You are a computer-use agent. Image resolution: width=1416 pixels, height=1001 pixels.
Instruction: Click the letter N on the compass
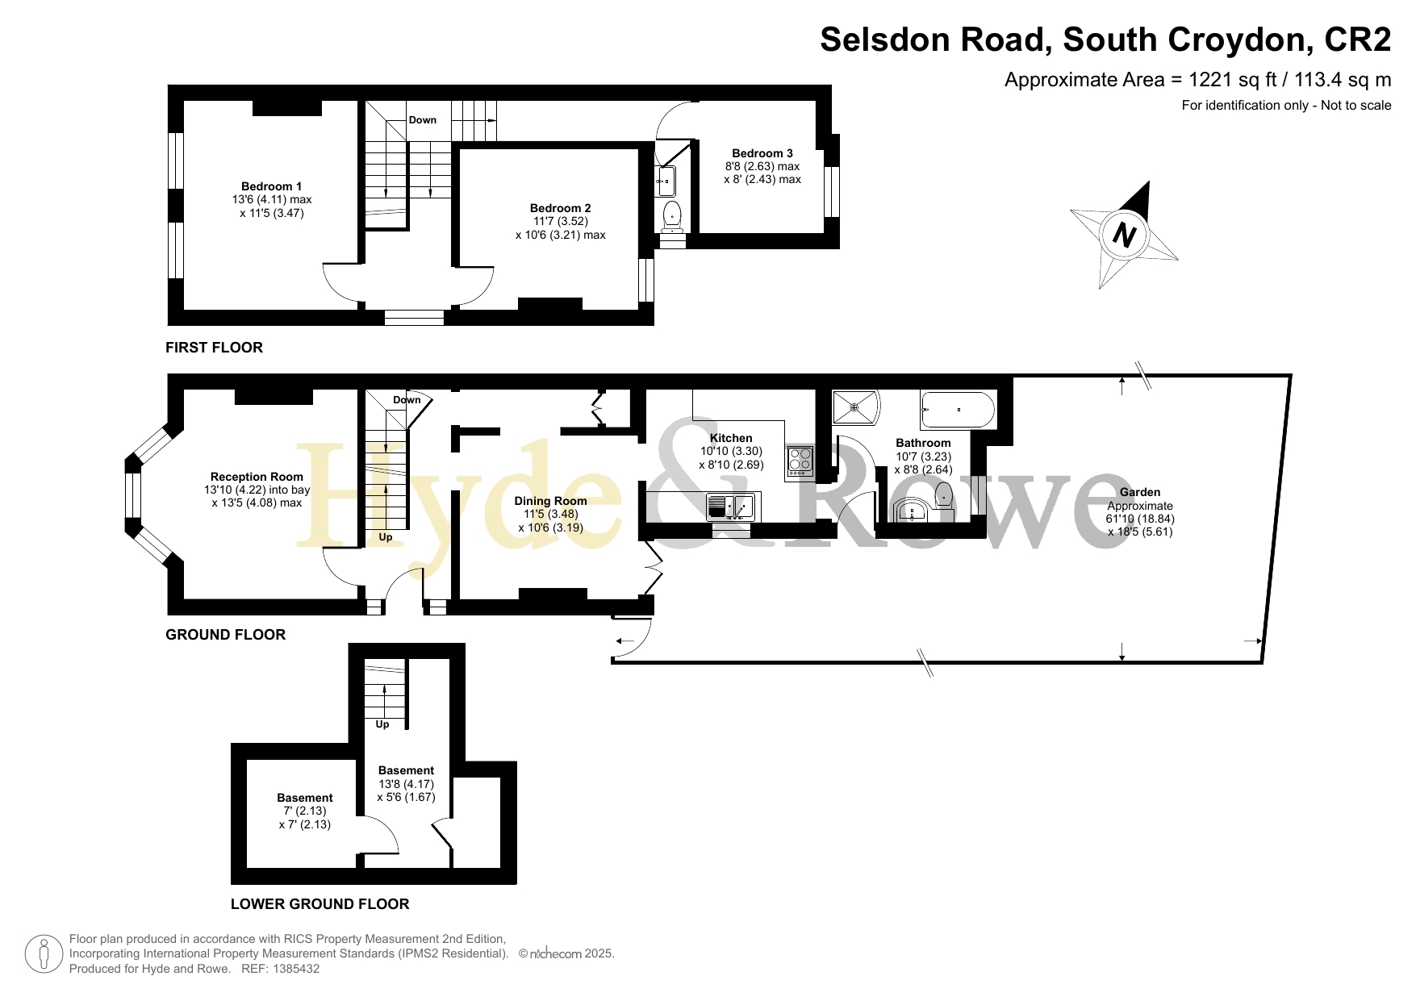1124,235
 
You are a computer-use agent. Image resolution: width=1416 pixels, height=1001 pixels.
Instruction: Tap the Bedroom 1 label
272,186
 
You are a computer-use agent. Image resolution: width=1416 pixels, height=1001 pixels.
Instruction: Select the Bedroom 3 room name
762,153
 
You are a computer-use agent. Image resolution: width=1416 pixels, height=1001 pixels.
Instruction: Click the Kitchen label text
731,438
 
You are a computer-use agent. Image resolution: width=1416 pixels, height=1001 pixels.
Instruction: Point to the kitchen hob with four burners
800,460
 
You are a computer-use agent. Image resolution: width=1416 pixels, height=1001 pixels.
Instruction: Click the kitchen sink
731,507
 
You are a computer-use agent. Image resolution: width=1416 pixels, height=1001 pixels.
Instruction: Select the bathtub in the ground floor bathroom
959,410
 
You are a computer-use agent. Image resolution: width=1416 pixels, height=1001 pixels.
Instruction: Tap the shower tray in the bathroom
854,407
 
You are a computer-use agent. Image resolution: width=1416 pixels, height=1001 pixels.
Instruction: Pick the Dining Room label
551,501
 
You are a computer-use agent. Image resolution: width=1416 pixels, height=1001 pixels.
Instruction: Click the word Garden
1140,492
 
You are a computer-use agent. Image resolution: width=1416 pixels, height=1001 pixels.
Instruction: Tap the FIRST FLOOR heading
214,348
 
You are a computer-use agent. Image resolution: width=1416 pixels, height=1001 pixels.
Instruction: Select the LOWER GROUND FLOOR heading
320,904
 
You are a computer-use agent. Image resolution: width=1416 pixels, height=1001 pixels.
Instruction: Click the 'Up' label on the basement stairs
382,724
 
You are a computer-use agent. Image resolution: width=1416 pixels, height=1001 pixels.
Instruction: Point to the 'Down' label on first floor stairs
423,120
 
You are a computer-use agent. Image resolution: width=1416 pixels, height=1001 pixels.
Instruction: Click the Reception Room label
257,477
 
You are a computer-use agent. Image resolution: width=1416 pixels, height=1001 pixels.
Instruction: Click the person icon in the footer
44,954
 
